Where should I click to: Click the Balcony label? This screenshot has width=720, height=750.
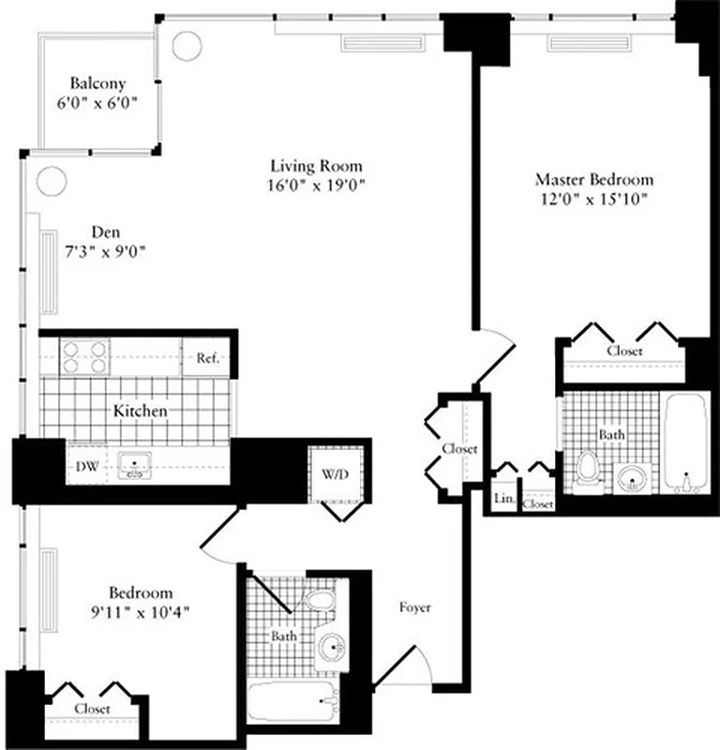pos(97,83)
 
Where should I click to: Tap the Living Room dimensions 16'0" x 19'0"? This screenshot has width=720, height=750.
pos(314,185)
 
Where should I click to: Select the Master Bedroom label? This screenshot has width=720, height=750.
pos(594,179)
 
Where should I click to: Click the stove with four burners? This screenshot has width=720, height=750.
pos(85,357)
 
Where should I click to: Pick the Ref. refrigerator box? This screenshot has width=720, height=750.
pos(207,358)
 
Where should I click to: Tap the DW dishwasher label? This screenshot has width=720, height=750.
pos(83,463)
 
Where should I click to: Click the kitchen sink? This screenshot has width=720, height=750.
pos(136,463)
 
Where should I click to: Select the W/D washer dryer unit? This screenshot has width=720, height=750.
pos(335,474)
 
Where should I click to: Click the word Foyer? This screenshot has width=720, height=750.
pos(414,607)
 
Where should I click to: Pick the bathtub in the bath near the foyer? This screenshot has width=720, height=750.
pos(292,698)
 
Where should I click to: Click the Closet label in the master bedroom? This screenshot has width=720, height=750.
pos(624,351)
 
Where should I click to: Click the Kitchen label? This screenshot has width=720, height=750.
pos(141,411)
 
